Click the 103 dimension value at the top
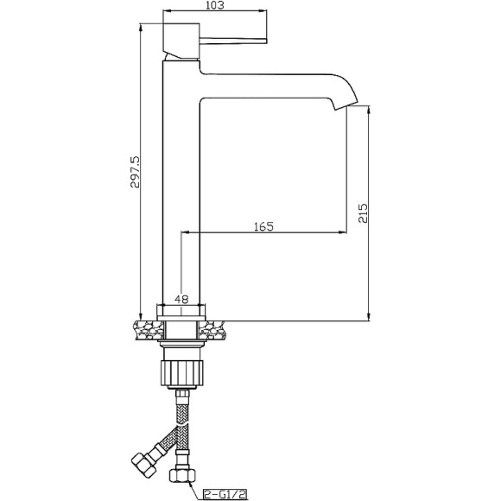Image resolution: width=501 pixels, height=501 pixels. tap(215, 5)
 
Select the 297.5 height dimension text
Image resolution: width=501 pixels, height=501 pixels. tap(135, 172)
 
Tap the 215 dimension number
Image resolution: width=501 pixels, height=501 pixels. tap(363, 212)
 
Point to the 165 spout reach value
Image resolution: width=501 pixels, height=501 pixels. tap(264, 226)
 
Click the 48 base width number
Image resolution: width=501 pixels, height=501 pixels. tap(181, 299)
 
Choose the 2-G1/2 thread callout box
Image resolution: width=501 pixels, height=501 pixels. tap(226, 494)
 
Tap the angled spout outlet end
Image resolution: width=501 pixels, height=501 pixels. tap(346, 106)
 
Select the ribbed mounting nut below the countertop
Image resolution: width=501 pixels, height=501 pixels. tap(181, 373)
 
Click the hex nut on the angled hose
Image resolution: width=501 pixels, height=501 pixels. tap(144, 463)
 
